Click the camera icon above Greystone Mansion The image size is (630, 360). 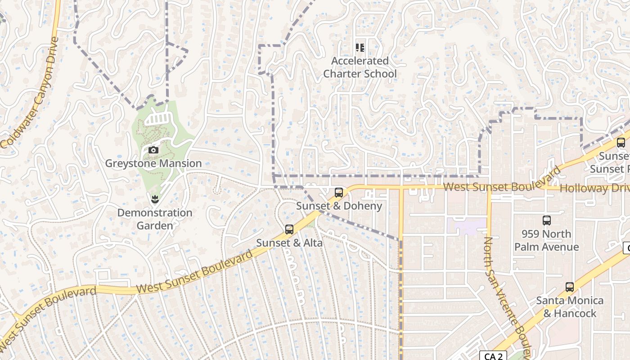pos(153,150)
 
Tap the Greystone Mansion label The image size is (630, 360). pos(153,163)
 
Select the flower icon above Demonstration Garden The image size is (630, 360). pos(155,198)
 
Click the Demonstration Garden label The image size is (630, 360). pos(155,219)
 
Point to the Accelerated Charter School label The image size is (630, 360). pos(360,67)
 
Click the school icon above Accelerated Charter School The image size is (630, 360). pos(360,47)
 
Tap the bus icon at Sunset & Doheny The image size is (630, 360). pos(339,193)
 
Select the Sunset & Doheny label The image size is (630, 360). pos(339,206)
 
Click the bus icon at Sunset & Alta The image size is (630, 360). pos(289,229)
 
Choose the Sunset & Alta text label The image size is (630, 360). pos(289,243)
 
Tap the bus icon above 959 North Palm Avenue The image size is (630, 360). pos(547,220)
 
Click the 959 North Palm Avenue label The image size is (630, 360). pos(546,240)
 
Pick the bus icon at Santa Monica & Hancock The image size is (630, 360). pos(570,287)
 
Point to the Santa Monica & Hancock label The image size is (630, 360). pos(570,306)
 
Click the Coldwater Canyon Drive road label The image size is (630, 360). pos(31,92)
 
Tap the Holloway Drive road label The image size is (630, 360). pos(594,188)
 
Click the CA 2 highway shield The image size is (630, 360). pos(493,356)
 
